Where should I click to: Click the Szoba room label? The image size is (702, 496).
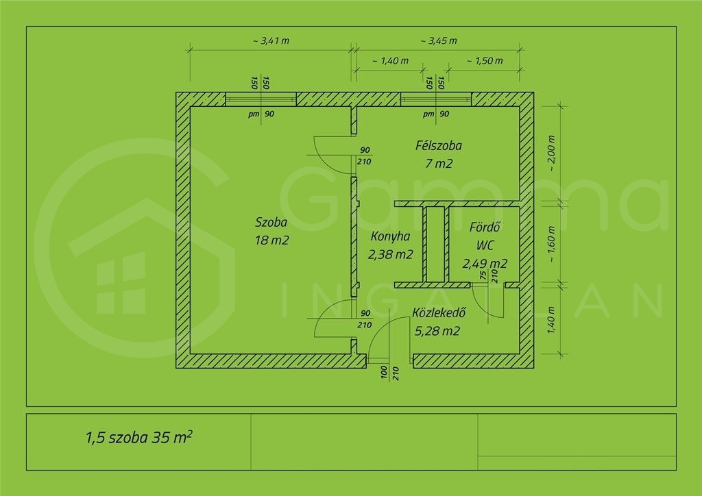[271, 222]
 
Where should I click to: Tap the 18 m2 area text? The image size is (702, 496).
[271, 240]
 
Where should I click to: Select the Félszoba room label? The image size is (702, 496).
[439, 145]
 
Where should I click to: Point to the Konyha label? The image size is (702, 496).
[390, 236]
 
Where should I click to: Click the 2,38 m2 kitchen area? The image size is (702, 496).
[390, 254]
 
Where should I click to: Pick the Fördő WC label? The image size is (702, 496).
[485, 236]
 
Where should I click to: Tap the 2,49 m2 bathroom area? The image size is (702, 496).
[485, 264]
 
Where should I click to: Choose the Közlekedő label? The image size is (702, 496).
[439, 312]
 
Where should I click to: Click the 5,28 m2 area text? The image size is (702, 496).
[437, 331]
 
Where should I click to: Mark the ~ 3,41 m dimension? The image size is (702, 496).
[271, 40]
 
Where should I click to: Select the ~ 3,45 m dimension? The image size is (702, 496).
[439, 40]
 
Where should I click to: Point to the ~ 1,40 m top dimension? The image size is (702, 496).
[390, 60]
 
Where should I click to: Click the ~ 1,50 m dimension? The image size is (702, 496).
[485, 60]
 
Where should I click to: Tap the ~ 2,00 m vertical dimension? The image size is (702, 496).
[551, 153]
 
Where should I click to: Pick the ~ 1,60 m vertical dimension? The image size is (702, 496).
[551, 244]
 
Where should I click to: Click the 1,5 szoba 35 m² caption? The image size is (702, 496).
[138, 437]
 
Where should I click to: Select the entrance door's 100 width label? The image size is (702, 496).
[384, 373]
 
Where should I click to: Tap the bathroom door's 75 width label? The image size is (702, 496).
[483, 275]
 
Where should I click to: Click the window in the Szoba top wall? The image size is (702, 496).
[261, 99]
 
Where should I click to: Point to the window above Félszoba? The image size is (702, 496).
[436, 99]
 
